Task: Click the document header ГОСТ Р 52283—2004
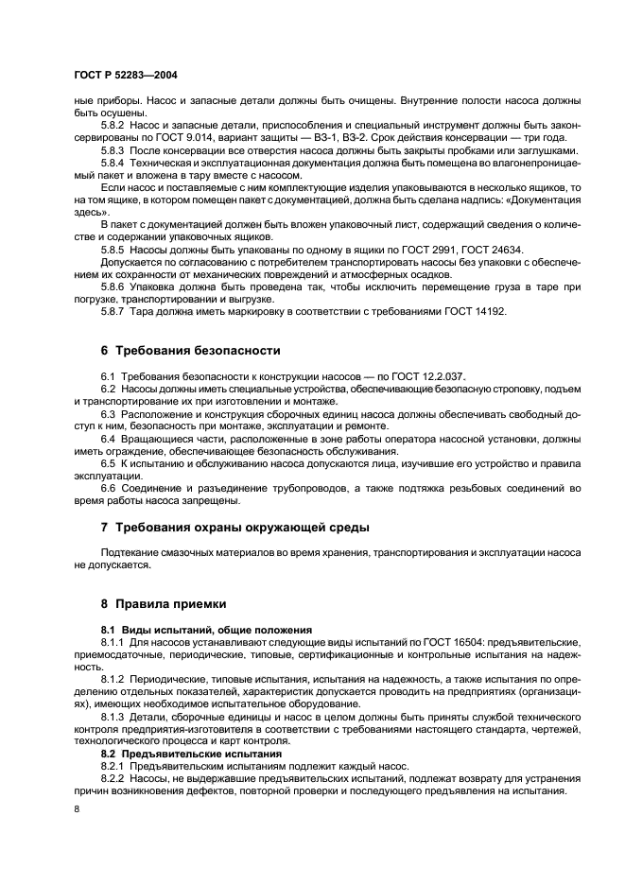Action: [x=127, y=75]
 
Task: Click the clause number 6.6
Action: [x=109, y=487]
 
